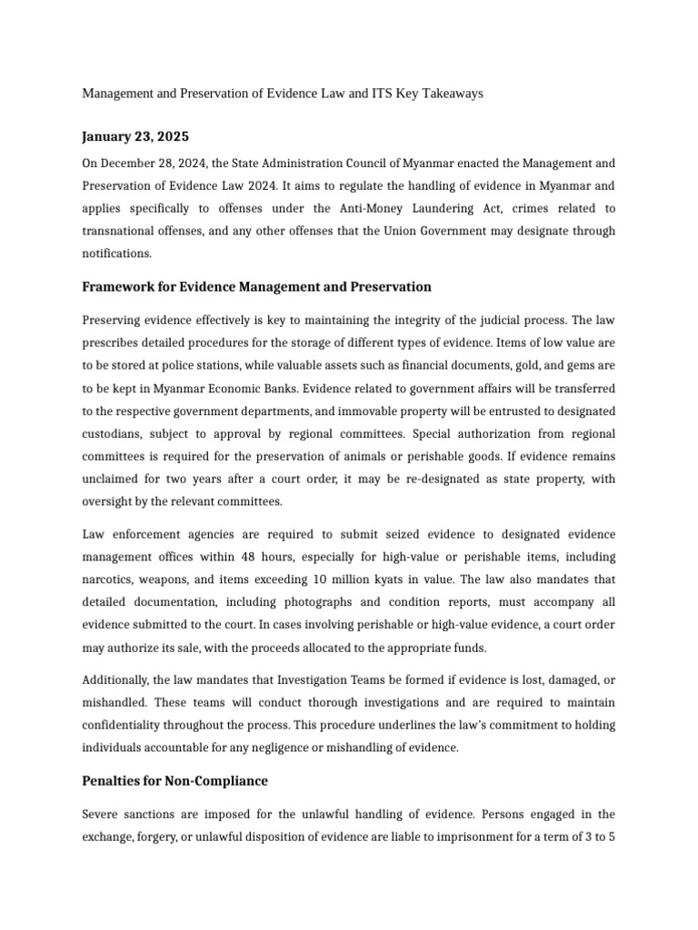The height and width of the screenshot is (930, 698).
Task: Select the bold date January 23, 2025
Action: coord(135,137)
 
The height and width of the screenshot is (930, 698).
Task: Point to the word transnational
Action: coord(122,232)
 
